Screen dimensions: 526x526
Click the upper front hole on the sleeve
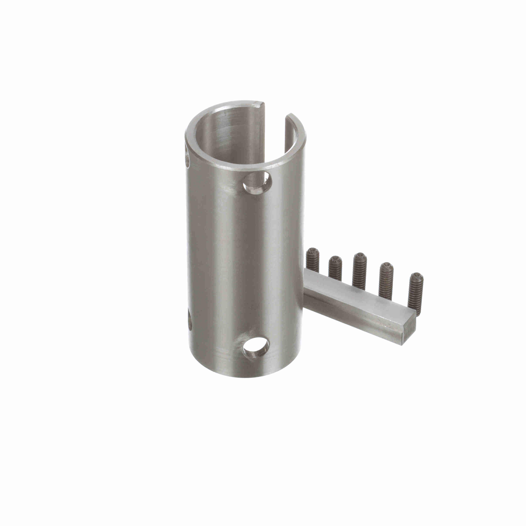(x=257, y=182)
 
